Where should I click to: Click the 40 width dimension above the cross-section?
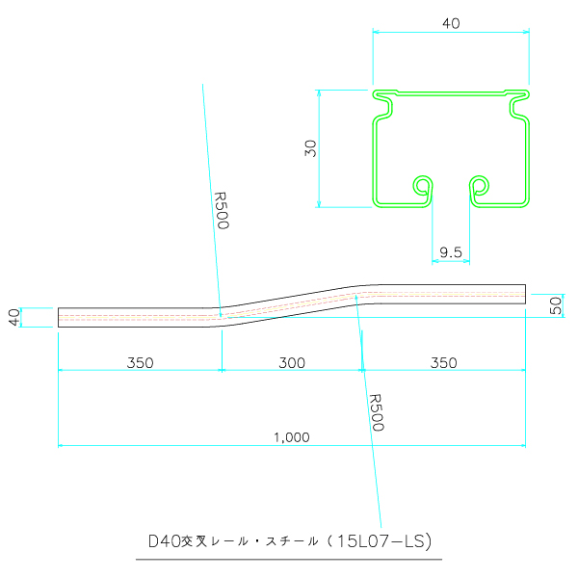(x=451, y=23)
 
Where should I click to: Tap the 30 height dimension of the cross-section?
(x=311, y=148)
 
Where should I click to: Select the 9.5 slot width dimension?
(x=451, y=252)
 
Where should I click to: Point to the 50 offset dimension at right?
(x=556, y=305)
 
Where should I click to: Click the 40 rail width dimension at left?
(x=14, y=317)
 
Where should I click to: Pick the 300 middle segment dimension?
(x=292, y=363)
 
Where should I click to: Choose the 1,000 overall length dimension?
(x=292, y=437)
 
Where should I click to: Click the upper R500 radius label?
(x=222, y=210)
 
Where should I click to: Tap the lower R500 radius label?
(x=377, y=412)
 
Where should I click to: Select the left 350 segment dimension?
(x=140, y=363)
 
